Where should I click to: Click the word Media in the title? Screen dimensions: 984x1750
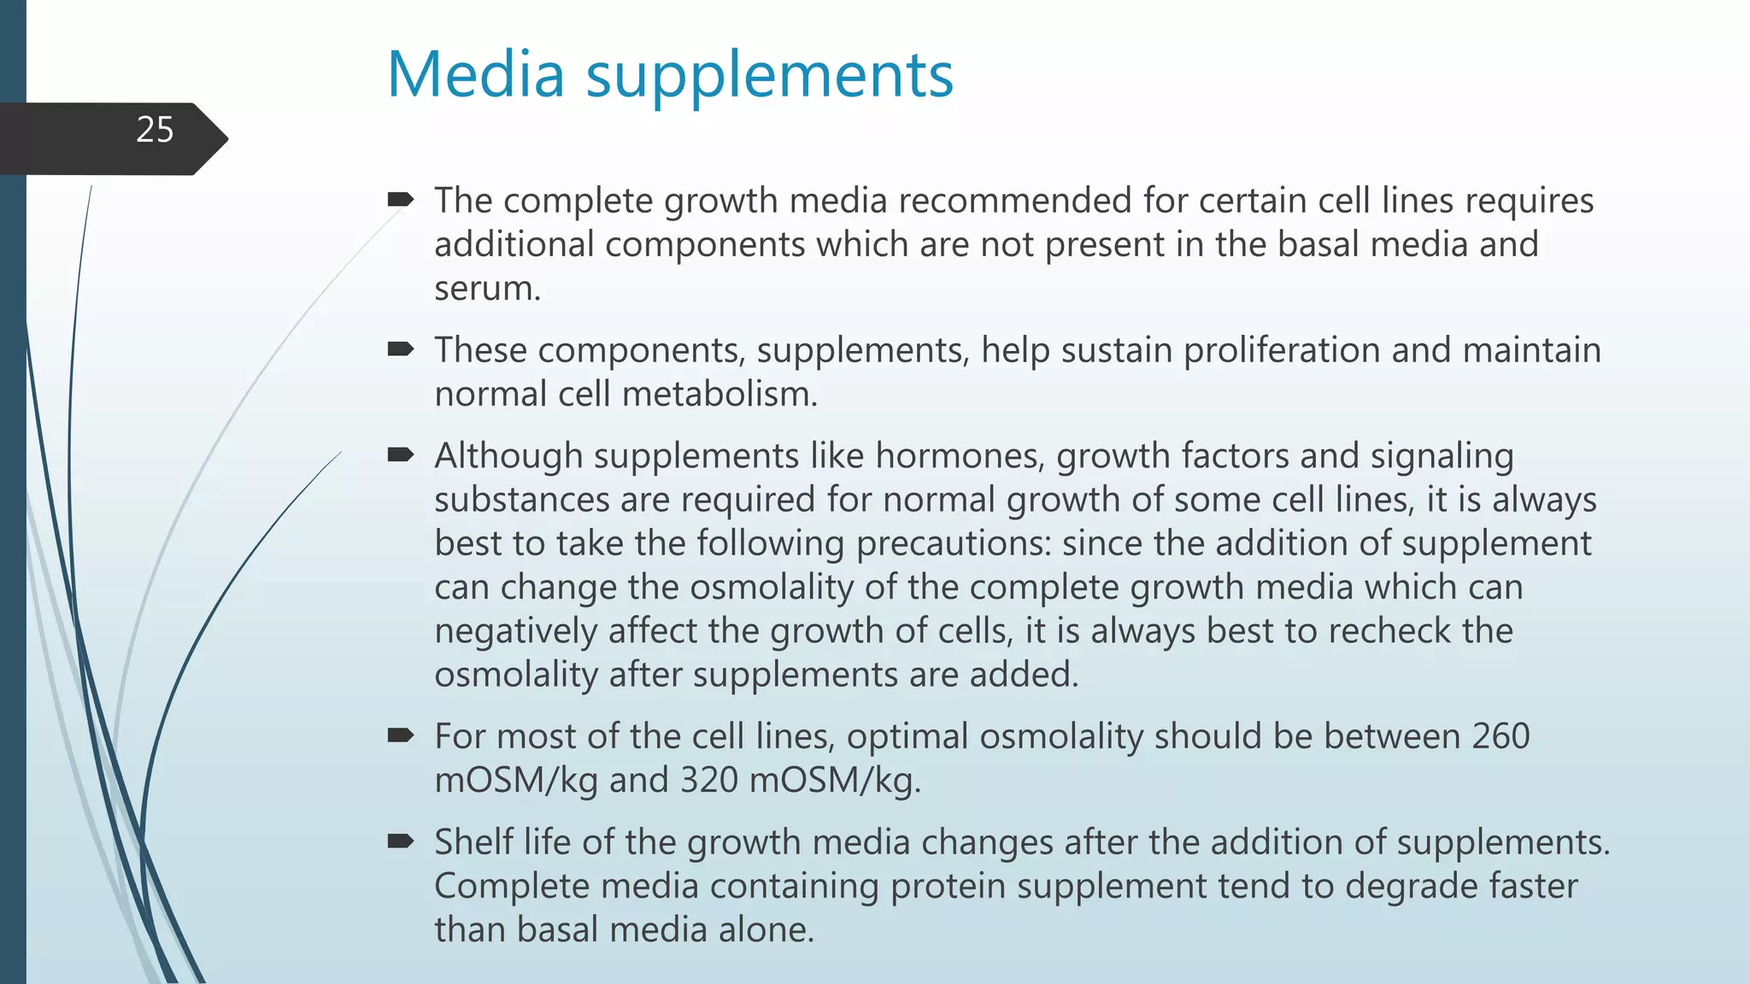point(476,74)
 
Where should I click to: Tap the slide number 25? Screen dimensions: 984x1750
point(155,130)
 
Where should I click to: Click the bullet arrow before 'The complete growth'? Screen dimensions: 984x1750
point(400,200)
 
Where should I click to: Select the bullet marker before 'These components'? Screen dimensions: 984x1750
point(400,348)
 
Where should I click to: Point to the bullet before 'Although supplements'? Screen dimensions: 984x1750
point(400,454)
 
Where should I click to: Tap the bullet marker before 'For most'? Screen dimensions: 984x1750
point(400,735)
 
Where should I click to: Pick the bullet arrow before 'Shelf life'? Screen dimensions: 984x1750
point(400,841)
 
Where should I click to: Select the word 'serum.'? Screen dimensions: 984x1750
point(487,289)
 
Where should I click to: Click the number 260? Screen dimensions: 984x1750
point(1500,736)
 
